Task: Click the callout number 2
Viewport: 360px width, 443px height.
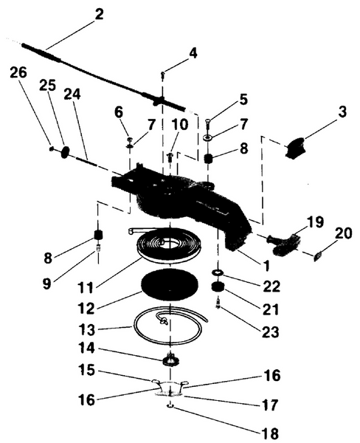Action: click(x=99, y=15)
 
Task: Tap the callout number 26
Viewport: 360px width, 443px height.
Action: click(x=18, y=72)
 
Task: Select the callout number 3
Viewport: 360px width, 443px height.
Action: click(x=342, y=112)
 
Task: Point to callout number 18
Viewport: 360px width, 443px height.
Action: click(x=270, y=433)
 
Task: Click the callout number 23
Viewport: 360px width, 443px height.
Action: click(x=271, y=332)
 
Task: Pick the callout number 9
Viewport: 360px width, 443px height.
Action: click(x=47, y=284)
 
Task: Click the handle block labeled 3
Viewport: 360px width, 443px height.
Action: click(x=295, y=148)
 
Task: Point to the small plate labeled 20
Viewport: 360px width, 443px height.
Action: click(x=318, y=257)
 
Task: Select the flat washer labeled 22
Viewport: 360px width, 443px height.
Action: click(x=218, y=272)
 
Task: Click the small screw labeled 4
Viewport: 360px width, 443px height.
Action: click(x=162, y=75)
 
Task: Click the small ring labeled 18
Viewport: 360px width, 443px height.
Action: click(x=170, y=406)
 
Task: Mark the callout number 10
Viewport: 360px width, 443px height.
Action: click(x=179, y=125)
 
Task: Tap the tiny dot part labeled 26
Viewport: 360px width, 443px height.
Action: click(x=51, y=148)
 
